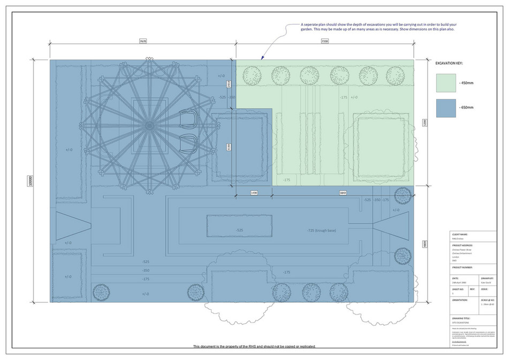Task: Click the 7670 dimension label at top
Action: point(142,41)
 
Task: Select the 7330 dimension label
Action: point(324,41)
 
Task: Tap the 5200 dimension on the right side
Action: point(425,122)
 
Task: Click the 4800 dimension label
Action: point(425,243)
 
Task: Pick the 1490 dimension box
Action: point(254,192)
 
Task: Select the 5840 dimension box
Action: point(342,192)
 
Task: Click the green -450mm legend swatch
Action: point(449,83)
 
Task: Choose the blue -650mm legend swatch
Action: point(449,108)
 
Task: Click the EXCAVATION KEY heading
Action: point(453,63)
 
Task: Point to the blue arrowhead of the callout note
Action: point(262,57)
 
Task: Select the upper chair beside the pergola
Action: point(188,120)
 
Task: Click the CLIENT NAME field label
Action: point(460,234)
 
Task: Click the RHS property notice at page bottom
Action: point(254,347)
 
